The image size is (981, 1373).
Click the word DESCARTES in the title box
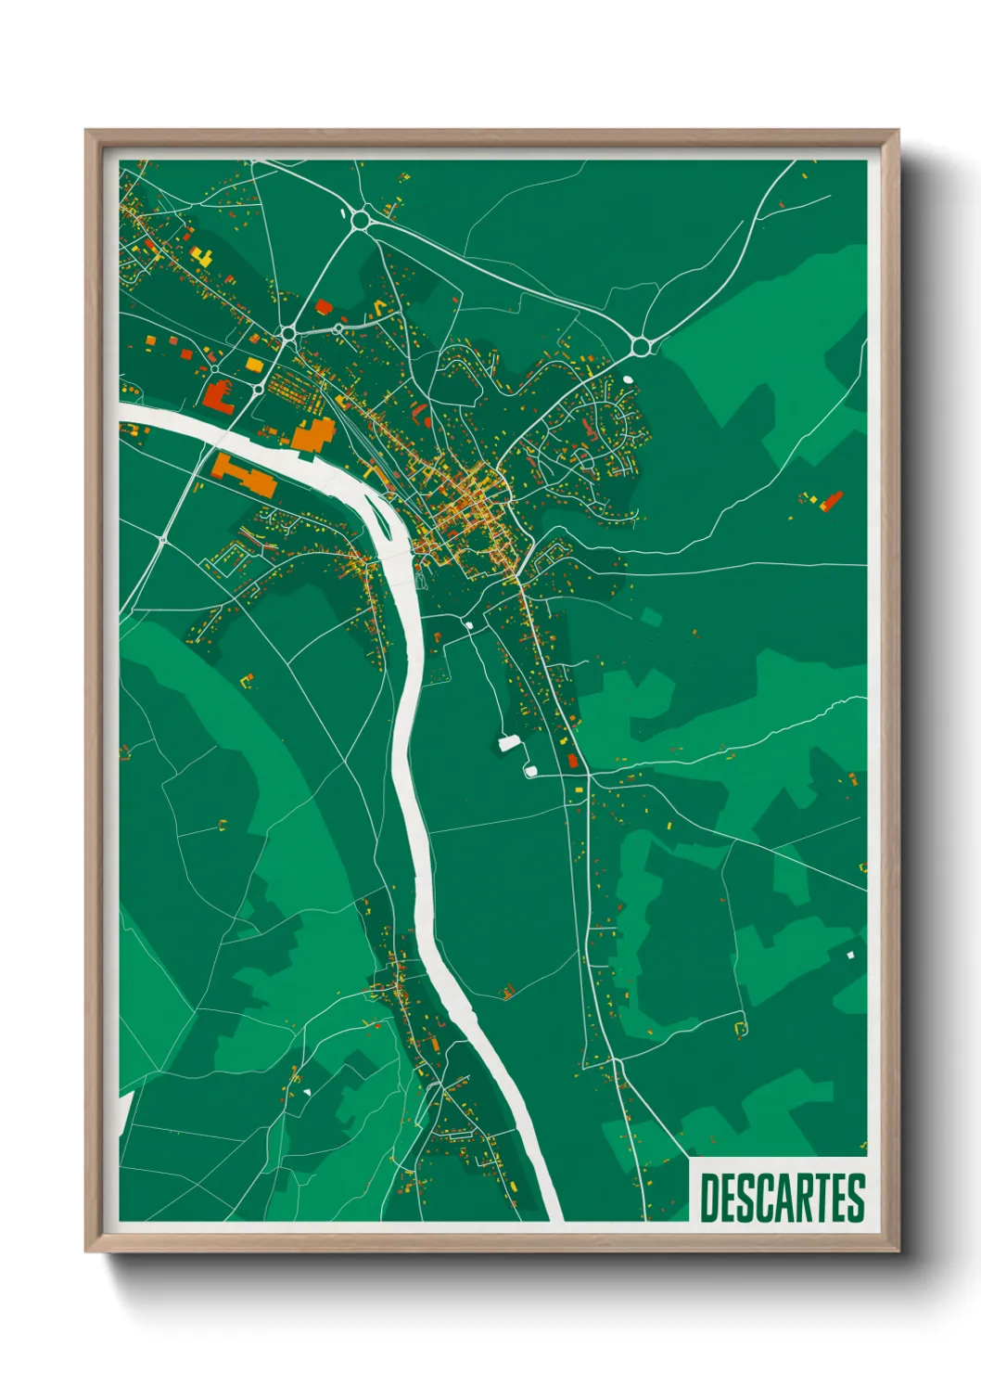point(782,1198)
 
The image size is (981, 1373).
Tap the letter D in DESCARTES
point(709,1198)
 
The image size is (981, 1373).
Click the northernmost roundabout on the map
point(360,220)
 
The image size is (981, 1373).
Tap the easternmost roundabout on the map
point(640,347)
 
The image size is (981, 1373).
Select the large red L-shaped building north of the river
point(218,396)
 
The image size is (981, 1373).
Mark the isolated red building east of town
point(831,501)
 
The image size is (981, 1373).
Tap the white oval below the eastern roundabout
point(628,379)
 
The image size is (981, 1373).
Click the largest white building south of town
point(509,742)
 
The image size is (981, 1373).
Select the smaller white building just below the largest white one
point(530,770)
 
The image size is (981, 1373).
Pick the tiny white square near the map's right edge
point(849,954)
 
